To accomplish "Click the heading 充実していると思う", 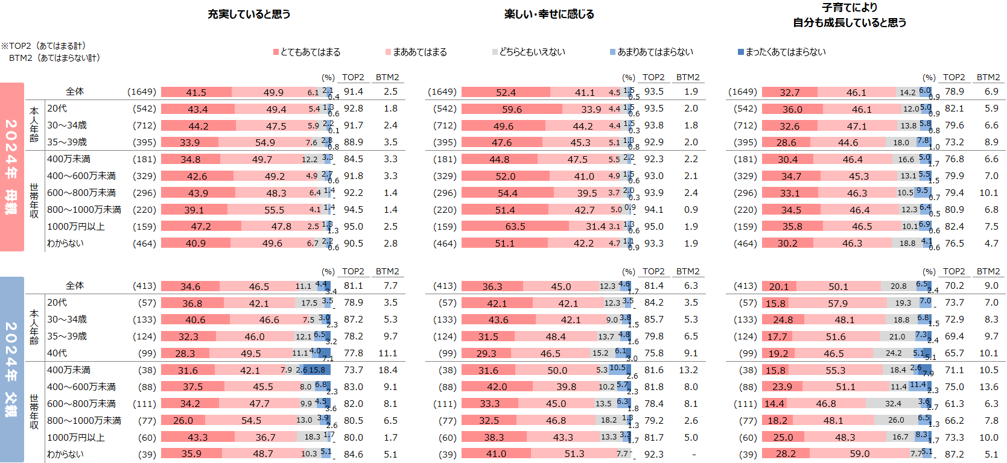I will (249, 14).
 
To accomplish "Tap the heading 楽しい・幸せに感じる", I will (549, 14).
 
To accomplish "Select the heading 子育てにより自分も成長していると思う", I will (849, 15).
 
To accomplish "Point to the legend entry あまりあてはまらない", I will (652, 52).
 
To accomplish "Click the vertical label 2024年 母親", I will (11, 167).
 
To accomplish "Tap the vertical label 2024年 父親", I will (11, 370).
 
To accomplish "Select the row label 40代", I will (57, 353).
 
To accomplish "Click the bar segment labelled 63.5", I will (515, 227).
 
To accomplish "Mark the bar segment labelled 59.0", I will (859, 454).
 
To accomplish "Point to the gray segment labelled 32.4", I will (893, 404).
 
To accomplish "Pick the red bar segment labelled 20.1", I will (779, 286).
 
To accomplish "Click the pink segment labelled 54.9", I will (265, 143).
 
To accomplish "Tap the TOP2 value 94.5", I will (354, 210).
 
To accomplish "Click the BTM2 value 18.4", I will (388, 370).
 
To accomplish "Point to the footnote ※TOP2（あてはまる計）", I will (43, 46).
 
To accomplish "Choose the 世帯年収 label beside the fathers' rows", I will (34, 412).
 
